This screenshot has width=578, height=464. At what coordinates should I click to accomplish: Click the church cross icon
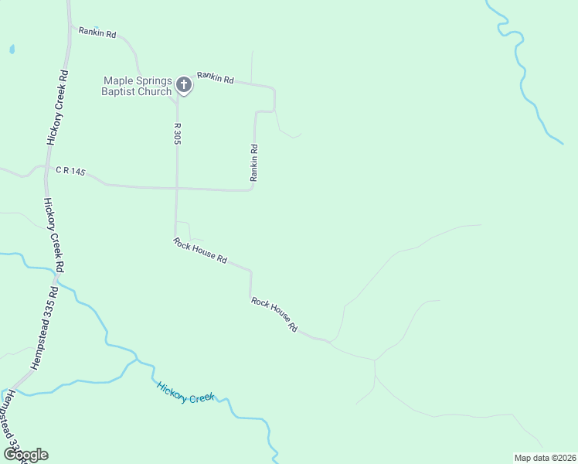click(x=184, y=84)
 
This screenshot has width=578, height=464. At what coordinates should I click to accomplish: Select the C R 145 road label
click(x=70, y=170)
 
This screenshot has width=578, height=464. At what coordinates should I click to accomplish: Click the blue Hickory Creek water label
click(x=185, y=392)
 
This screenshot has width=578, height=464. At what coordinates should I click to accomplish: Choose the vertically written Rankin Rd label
click(x=253, y=163)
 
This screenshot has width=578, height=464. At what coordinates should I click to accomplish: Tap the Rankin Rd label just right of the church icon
click(x=215, y=77)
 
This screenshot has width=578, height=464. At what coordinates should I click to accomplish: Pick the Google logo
click(x=25, y=454)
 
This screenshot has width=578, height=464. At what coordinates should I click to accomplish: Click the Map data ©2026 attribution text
click(x=544, y=457)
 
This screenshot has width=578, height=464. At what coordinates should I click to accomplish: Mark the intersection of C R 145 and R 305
click(x=177, y=187)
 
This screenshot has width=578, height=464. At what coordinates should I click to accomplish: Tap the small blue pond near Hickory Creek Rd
click(x=12, y=49)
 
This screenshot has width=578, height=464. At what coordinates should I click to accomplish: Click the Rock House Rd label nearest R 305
click(x=200, y=251)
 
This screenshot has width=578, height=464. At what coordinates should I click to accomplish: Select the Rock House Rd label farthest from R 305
click(x=274, y=314)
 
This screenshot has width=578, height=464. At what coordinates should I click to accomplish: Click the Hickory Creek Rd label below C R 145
click(x=53, y=234)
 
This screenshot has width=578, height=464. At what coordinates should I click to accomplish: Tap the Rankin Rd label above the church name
click(x=97, y=34)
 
